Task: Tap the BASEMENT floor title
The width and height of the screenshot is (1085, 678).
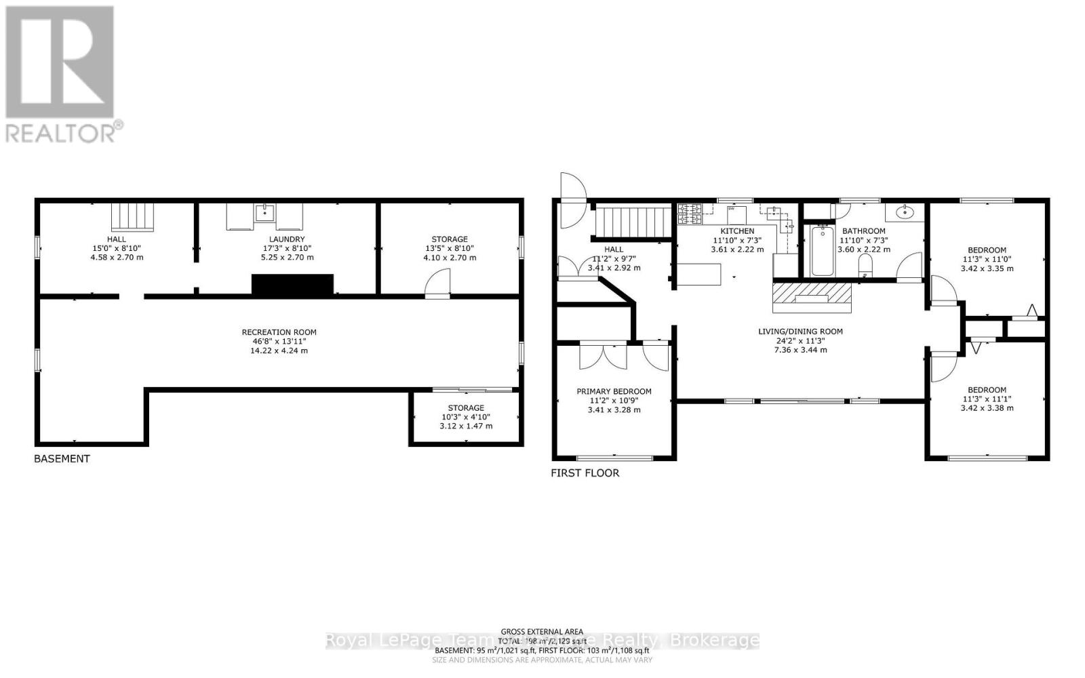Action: tap(62, 459)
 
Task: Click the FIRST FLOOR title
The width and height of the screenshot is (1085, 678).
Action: tap(585, 473)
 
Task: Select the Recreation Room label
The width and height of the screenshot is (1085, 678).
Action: tap(279, 332)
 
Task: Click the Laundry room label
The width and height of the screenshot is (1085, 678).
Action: tap(287, 239)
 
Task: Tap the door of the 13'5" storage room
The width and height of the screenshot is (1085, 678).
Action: tap(438, 283)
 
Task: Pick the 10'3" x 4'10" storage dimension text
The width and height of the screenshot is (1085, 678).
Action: tap(466, 417)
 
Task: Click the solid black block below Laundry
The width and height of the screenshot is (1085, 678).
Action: tap(292, 285)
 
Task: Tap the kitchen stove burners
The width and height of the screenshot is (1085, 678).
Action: tap(690, 214)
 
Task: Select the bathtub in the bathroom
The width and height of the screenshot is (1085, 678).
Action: tap(823, 252)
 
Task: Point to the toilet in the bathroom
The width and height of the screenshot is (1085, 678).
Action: tap(865, 264)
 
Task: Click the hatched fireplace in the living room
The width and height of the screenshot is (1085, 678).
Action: tap(811, 296)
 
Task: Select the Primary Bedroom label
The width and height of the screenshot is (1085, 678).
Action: tap(614, 391)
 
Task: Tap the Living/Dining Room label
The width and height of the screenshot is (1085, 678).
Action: tap(800, 332)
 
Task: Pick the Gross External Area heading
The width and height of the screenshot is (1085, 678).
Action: tap(542, 631)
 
